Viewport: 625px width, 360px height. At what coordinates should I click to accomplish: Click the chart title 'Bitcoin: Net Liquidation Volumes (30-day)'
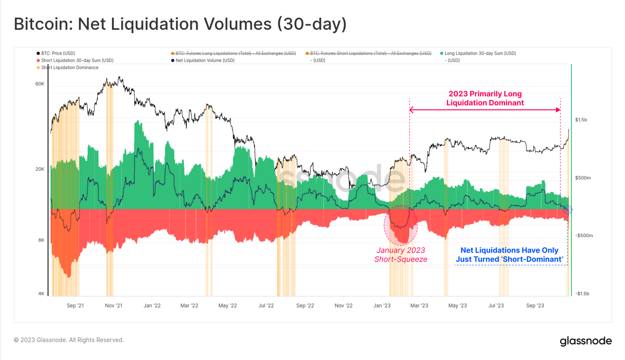[180, 24]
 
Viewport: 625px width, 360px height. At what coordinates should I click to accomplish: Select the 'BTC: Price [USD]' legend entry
[58, 53]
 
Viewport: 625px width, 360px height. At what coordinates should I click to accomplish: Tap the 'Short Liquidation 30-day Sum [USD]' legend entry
[77, 61]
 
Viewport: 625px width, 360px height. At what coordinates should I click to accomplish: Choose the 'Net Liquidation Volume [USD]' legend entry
[205, 61]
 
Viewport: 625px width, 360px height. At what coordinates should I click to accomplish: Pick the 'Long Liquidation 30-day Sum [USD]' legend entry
[480, 53]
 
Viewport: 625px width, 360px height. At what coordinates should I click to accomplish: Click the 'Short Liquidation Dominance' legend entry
[70, 67]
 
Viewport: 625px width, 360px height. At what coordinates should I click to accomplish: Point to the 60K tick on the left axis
[40, 84]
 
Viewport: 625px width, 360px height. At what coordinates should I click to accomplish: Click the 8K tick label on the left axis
[41, 240]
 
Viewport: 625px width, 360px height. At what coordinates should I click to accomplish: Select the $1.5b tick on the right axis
[581, 120]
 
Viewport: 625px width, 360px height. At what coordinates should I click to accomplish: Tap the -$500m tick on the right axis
[584, 235]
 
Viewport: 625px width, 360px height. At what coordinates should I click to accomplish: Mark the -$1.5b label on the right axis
[582, 293]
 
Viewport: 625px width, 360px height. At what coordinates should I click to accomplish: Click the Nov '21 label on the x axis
[113, 306]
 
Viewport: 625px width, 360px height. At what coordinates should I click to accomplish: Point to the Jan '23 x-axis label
[382, 306]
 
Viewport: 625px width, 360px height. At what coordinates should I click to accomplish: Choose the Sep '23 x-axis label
[535, 306]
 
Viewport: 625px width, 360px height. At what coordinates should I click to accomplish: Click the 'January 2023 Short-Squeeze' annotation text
[401, 255]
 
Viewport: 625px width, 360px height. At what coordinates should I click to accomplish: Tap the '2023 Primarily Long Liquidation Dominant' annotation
[485, 98]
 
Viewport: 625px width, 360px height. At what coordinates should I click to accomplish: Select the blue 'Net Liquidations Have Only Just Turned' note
[509, 255]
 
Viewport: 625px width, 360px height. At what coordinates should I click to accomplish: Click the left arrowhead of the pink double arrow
[412, 110]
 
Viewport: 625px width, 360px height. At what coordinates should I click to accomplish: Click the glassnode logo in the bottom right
[586, 341]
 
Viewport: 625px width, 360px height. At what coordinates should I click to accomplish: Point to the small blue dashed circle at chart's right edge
[568, 209]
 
